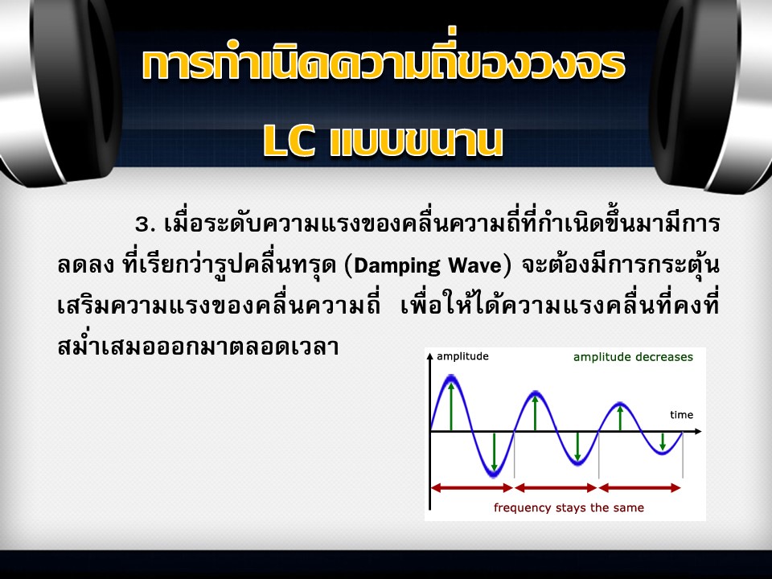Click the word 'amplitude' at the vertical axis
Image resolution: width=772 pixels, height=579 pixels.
pos(462,357)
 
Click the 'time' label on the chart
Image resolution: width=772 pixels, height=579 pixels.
pos(681,415)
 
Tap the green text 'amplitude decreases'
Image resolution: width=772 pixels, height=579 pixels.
pos(633,357)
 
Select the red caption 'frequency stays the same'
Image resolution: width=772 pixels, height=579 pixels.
pos(569,507)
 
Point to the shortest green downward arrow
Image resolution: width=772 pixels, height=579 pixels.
pos(663,441)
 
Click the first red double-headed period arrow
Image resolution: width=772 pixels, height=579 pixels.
pos(472,488)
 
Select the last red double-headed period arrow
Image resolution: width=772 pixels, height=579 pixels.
pos(640,488)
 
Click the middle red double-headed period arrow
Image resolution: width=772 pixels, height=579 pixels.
pos(556,488)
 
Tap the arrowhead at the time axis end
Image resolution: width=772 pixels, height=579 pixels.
pos(698,432)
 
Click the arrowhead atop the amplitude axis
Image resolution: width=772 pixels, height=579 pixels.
pos(430,356)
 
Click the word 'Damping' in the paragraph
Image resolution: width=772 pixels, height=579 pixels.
pos(396,266)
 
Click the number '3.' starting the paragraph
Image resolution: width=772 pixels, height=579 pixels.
pos(146,224)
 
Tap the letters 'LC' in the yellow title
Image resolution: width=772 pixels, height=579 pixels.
pos(289,142)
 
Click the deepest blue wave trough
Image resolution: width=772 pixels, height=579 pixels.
pos(494,474)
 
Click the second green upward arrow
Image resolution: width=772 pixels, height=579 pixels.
pos(536,413)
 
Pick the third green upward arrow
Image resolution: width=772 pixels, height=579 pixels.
pos(620,419)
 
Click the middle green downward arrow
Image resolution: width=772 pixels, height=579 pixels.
pos(578,446)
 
